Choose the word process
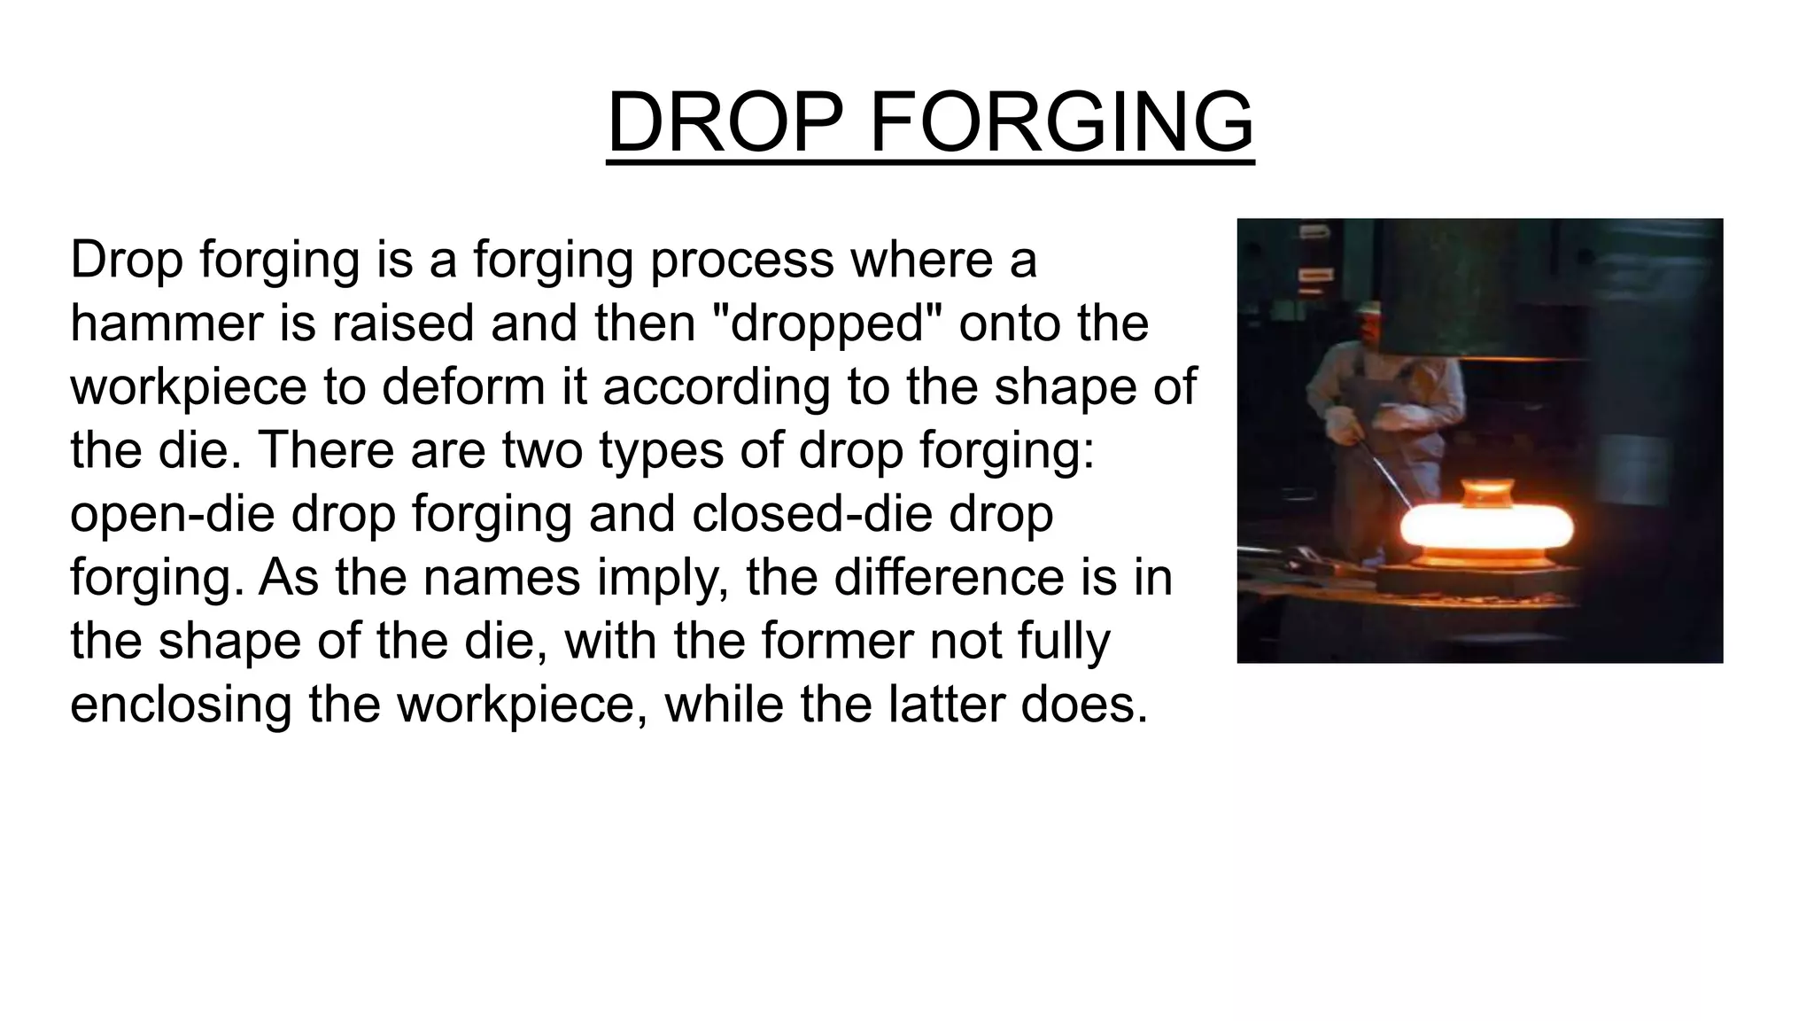[742, 261]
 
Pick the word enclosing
[181, 705]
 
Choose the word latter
[949, 705]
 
